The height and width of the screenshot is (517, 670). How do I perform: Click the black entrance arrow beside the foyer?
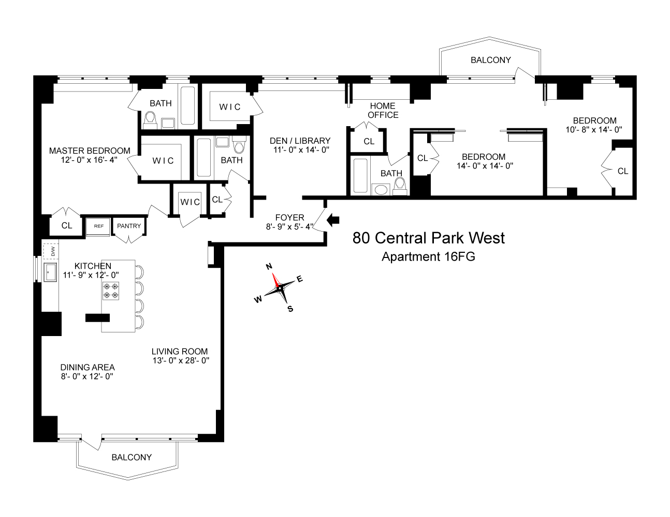point(333,220)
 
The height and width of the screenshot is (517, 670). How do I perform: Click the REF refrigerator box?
point(97,226)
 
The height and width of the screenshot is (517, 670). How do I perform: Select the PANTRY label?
point(129,226)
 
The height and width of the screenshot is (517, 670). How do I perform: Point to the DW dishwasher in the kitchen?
point(52,251)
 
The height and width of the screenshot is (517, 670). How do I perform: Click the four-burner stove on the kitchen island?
point(111,291)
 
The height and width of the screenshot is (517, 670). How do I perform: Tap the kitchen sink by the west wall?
point(50,272)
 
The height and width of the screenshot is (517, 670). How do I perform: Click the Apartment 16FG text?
point(428,256)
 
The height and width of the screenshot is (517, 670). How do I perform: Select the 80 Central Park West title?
point(428,238)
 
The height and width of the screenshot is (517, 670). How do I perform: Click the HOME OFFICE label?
point(383,111)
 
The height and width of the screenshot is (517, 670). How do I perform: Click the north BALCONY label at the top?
point(490,60)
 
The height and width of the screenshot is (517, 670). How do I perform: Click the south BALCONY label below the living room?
point(132,457)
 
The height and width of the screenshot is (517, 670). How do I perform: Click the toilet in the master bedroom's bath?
point(150,120)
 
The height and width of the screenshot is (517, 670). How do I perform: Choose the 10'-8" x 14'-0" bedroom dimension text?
point(593,130)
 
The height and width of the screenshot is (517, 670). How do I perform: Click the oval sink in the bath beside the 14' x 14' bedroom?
point(381,189)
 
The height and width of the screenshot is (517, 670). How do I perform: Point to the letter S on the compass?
point(290,309)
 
